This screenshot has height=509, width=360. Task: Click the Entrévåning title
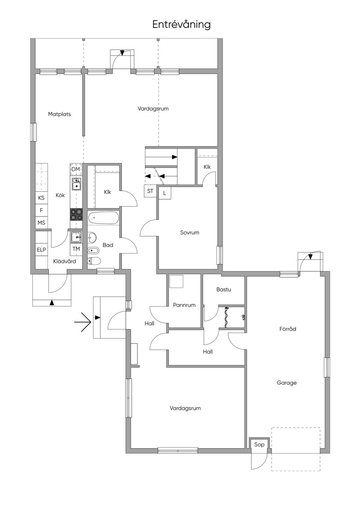coord(181,25)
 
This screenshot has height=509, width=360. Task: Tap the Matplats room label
coord(59,114)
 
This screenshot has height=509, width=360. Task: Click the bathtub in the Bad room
coord(104,218)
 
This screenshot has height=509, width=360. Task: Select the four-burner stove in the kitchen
coord(76,214)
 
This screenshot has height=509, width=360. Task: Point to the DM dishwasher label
coord(76,169)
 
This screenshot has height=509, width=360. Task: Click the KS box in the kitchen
coord(41,198)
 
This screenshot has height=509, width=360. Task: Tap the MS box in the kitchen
coord(41,223)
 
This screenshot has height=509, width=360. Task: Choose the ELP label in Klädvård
coord(41,250)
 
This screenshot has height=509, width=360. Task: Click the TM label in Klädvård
coord(76,249)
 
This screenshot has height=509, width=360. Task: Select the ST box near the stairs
coord(150,191)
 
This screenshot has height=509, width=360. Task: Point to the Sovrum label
coord(189,232)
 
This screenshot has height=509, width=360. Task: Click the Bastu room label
coord(224,290)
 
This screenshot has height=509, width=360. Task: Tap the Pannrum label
coord(184,305)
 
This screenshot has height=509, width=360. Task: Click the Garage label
coord(287,383)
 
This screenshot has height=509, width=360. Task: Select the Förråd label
coord(288,329)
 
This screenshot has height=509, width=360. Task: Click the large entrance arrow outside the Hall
coord(83,322)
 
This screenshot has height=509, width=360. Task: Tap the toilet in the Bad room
coord(94,261)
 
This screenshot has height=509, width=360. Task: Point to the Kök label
coord(60,195)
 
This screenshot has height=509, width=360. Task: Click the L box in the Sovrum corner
coord(165,193)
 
